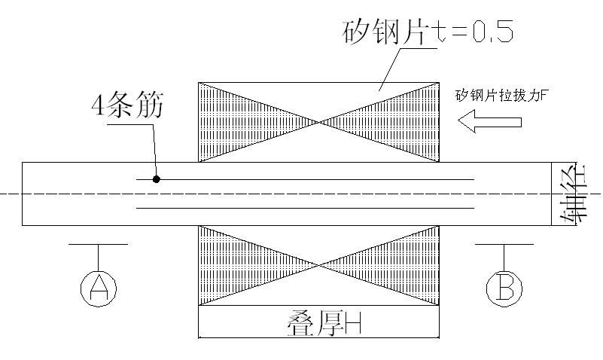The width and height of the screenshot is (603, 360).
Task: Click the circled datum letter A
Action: pos(99,287)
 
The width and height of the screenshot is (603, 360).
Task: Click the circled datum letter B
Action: pos(504,287)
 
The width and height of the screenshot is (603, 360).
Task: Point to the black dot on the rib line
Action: pos(157,179)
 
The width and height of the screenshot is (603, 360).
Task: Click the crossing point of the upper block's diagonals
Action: pos(320,121)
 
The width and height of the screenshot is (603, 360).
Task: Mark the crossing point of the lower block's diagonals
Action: pos(320,265)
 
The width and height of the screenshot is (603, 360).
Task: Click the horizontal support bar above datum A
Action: pos(99,244)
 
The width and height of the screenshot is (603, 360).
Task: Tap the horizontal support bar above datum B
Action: pos(504,244)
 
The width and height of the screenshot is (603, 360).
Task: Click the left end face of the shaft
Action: pos(23,194)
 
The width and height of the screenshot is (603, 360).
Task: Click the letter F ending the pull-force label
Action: pos(562,96)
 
